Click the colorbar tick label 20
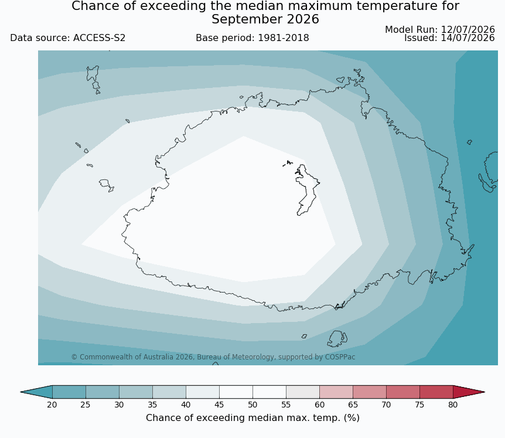click(52, 405)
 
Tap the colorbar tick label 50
click(252, 405)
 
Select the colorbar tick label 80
click(453, 405)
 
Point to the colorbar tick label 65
click(353, 405)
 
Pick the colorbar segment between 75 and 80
click(436, 392)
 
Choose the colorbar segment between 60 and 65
click(336, 392)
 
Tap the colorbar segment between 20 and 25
click(69, 392)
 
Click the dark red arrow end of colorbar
click(469, 392)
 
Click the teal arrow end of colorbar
click(36, 392)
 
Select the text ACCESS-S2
click(99, 38)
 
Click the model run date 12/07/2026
click(468, 30)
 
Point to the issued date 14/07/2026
click(468, 38)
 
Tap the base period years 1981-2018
click(284, 38)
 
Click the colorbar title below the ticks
click(252, 418)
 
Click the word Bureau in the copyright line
click(206, 357)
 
